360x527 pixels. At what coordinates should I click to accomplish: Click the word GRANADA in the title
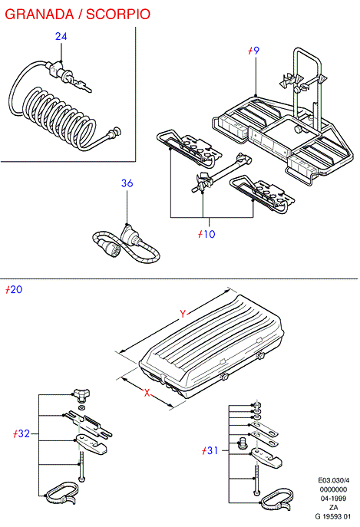[x=39, y=14]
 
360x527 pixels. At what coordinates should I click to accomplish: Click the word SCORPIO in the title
[x=118, y=14]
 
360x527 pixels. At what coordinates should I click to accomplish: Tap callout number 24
[x=61, y=36]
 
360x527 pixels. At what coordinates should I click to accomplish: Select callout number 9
[x=256, y=51]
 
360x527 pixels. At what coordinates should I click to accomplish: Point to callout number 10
[x=210, y=234]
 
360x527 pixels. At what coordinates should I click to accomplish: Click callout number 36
[x=127, y=183]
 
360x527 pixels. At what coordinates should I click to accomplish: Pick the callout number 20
[x=16, y=289]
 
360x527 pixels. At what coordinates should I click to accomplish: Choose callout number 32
[x=24, y=433]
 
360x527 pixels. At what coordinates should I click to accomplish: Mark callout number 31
[x=213, y=450]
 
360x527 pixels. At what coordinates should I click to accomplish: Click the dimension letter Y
[x=183, y=314]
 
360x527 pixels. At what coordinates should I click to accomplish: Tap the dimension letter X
[x=147, y=393]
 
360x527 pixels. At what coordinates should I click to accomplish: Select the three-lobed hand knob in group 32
[x=82, y=395]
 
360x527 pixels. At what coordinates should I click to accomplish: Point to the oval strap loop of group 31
[x=277, y=501]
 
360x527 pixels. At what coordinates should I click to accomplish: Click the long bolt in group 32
[x=81, y=466]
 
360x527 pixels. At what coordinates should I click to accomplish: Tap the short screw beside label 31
[x=242, y=443]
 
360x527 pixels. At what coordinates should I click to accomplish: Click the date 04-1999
[x=333, y=499]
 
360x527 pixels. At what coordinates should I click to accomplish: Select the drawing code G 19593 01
[x=333, y=516]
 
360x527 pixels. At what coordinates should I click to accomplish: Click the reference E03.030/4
[x=334, y=481]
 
